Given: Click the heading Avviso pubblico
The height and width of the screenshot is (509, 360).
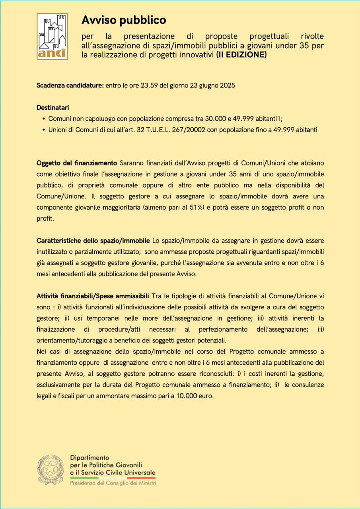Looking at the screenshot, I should point(124,20).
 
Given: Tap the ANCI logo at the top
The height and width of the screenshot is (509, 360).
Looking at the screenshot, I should point(52,36).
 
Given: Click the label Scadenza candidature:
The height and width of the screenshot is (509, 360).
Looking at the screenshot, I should point(70,85).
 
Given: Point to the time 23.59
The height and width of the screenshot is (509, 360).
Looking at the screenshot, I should point(149,85).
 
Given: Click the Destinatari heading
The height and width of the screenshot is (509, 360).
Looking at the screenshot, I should point(53,108).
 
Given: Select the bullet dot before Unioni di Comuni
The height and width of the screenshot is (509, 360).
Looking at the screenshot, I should point(43,130).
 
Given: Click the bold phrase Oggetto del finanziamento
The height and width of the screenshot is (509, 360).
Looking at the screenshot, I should point(77,163).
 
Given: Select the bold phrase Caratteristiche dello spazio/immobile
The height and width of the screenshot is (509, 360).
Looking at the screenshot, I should point(93,241).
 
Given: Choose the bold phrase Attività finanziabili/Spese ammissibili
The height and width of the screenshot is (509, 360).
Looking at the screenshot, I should point(93,296).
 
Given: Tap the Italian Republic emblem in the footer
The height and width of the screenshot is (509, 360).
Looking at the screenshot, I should point(51,470).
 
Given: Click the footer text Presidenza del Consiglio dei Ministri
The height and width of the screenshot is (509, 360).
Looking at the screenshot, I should point(113,483).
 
